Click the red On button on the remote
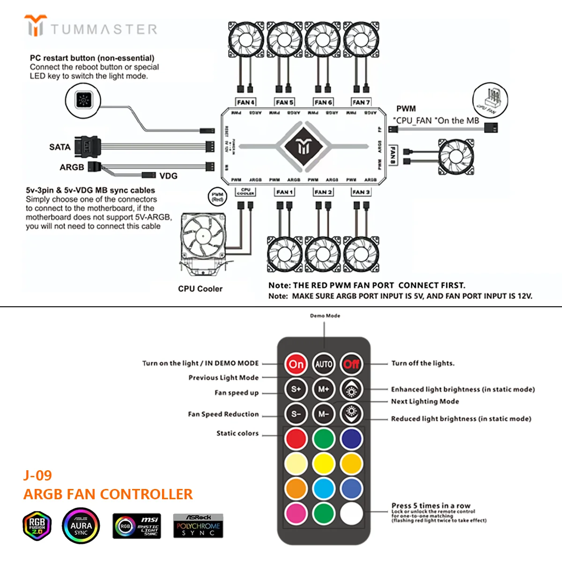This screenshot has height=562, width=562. [296, 364]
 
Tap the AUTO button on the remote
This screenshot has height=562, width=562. [324, 364]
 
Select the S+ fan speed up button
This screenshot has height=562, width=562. [296, 389]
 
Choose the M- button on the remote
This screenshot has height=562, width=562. [324, 414]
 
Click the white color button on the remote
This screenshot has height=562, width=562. [351, 513]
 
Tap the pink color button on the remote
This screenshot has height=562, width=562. [296, 513]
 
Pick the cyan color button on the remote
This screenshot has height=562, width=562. [324, 488]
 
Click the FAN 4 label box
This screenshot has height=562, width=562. [246, 102]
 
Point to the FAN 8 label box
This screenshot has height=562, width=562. [392, 155]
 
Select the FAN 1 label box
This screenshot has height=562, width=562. [284, 192]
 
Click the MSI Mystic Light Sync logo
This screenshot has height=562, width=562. [137, 526]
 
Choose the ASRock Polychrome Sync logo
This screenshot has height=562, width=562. [198, 525]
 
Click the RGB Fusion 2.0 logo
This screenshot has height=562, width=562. [37, 526]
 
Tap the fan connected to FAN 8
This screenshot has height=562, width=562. [455, 157]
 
